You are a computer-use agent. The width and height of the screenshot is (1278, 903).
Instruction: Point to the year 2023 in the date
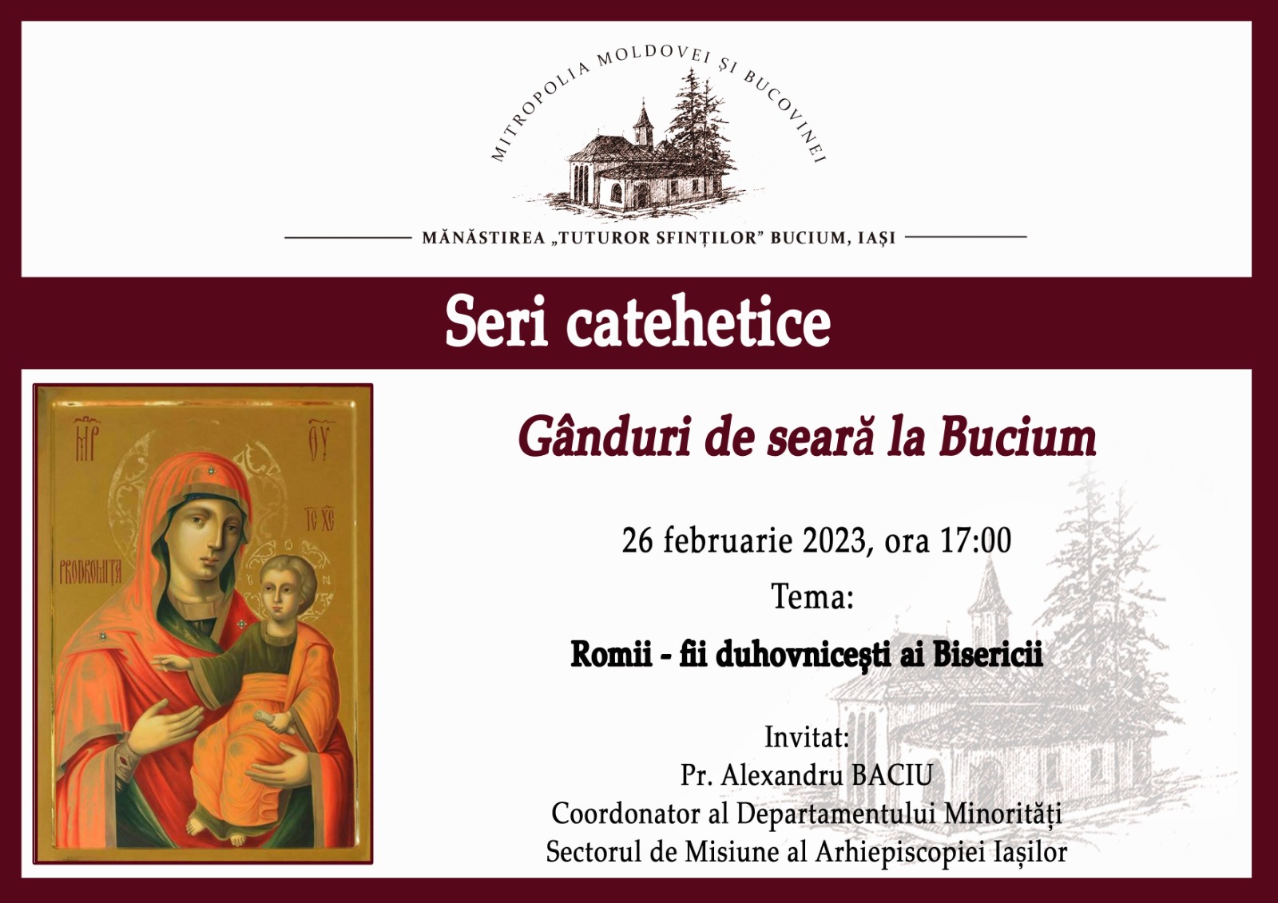pos(835,541)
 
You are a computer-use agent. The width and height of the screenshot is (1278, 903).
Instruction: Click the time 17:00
pos(975,541)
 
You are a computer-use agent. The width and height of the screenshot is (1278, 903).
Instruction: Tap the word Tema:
pos(812,596)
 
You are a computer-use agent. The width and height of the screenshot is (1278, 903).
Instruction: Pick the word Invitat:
pos(807,737)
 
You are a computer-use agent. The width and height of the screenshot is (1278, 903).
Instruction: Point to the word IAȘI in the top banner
pos(876,238)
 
